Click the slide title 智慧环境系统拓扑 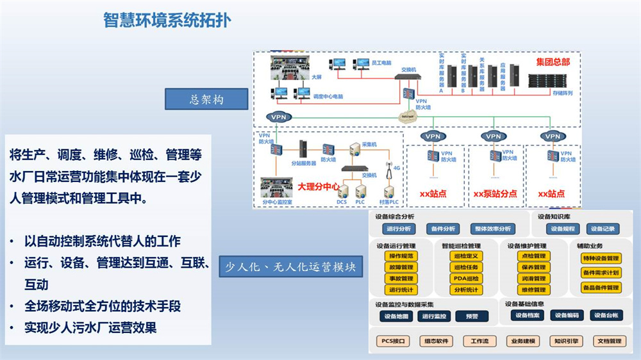coord(167,20)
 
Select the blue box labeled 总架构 coord(206,100)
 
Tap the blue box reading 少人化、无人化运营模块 coord(290,266)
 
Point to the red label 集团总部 coord(553,62)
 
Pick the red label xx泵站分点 coord(494,193)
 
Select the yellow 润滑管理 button coord(531,279)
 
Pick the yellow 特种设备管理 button coord(601,259)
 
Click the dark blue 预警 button coord(471,316)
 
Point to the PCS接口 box coord(393,341)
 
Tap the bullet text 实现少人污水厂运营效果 coord(91,328)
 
